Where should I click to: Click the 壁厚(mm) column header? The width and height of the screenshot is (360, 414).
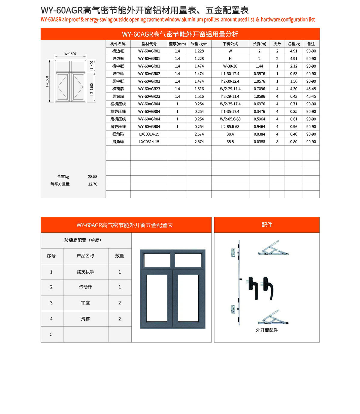coord(177,44)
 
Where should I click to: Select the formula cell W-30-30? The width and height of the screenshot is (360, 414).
coord(230,66)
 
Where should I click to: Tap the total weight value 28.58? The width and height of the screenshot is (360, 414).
coord(93,177)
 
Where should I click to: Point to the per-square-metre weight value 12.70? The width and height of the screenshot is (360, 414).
coord(93,184)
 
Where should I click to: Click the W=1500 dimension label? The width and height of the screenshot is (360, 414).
coord(70,54)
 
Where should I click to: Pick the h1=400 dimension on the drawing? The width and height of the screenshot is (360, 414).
coord(92,66)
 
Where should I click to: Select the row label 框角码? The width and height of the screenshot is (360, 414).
coord(118,134)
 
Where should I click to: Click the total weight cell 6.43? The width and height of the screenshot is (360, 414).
coord(294,96)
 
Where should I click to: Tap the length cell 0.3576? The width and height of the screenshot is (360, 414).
coord(259,74)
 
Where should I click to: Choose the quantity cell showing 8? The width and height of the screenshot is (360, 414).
coord(277,142)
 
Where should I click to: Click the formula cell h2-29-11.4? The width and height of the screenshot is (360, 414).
coord(230,96)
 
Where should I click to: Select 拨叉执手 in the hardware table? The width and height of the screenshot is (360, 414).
coord(85,272)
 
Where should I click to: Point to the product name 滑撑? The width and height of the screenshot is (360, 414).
coord(85,319)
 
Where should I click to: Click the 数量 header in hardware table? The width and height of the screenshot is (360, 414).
coord(120,256)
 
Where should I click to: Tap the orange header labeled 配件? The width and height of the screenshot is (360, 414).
coord(267,225)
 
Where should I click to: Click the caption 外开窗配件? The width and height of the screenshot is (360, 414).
coord(267,330)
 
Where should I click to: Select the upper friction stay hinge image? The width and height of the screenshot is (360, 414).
coord(273,248)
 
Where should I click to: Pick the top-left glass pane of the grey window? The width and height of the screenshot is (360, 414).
coord(157,260)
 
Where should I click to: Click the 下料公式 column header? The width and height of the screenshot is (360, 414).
coord(230,44)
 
